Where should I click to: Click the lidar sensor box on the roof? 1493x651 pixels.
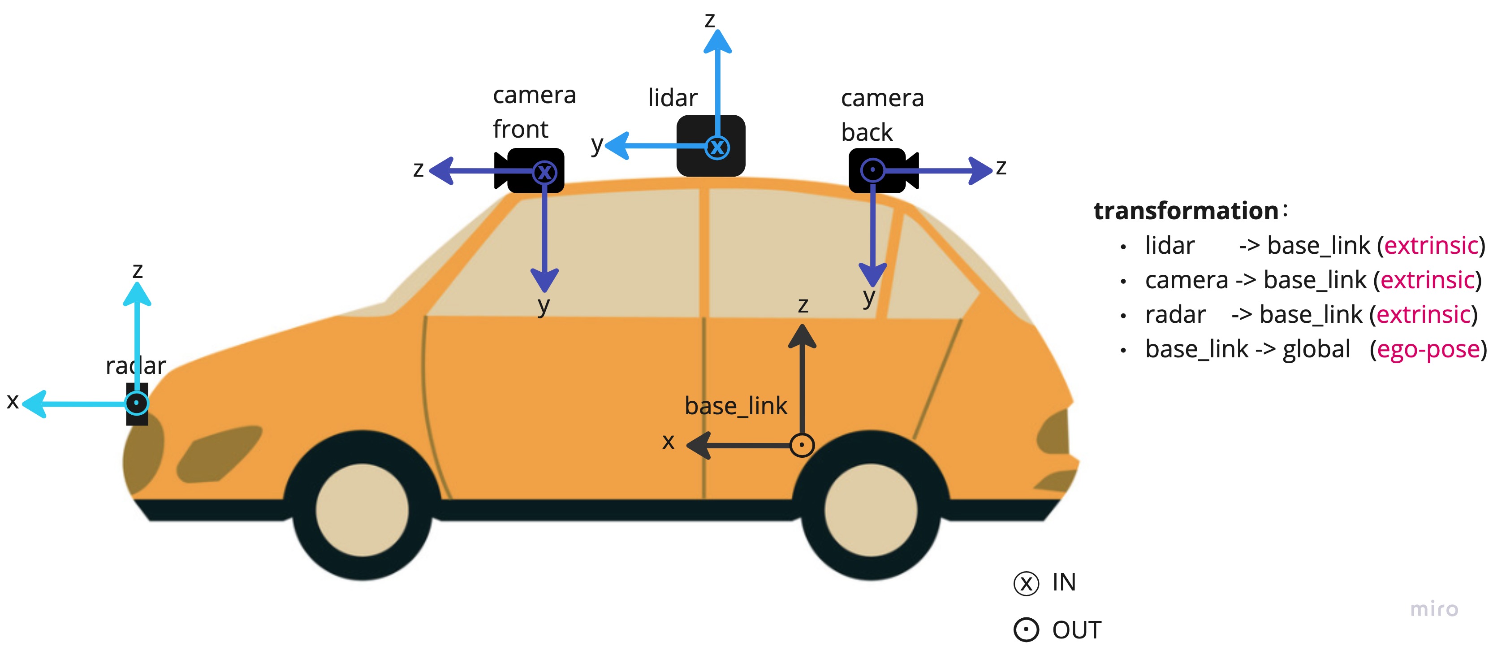(711, 146)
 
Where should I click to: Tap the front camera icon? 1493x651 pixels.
(531, 170)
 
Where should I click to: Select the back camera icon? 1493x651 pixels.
(881, 170)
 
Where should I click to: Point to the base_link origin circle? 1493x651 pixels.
(802, 445)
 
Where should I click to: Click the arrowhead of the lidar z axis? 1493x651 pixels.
(717, 42)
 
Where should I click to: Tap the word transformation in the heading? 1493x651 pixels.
(1186, 211)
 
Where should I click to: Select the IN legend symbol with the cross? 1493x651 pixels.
(1026, 583)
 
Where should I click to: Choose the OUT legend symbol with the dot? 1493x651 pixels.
(1026, 629)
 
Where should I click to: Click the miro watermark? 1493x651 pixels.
(1434, 609)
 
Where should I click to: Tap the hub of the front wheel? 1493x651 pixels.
(362, 510)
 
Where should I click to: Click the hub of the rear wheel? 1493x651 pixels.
(871, 510)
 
